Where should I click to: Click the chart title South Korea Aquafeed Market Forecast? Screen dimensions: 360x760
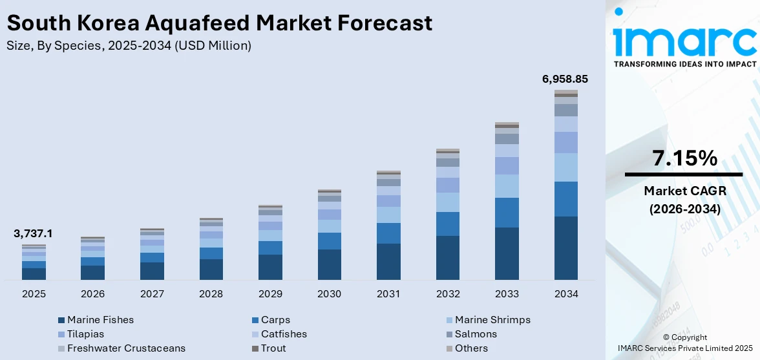(x=220, y=23)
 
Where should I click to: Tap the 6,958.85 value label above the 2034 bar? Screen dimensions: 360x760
(x=564, y=79)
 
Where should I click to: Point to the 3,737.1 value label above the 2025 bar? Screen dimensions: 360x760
(x=33, y=234)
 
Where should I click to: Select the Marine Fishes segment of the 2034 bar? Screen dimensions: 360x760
(x=565, y=248)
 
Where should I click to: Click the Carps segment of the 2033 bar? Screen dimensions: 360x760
(x=507, y=213)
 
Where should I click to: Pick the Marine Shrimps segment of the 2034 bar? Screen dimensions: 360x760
(x=565, y=167)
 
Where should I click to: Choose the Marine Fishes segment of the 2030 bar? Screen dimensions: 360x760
(x=329, y=264)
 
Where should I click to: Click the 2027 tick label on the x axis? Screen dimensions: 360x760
(x=152, y=294)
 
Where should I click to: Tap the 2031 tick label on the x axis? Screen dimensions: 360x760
(x=388, y=294)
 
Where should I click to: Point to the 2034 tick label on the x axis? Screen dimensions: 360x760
(x=565, y=294)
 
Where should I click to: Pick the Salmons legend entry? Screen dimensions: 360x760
(x=476, y=334)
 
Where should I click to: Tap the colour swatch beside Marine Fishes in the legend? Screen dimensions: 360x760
(x=61, y=320)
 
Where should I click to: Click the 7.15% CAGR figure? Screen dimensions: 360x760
(x=684, y=158)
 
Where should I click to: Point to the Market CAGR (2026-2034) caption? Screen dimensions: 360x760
(x=684, y=200)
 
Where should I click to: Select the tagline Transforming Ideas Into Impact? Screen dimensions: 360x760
(x=684, y=64)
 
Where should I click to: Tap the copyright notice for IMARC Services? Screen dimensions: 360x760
(x=684, y=343)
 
